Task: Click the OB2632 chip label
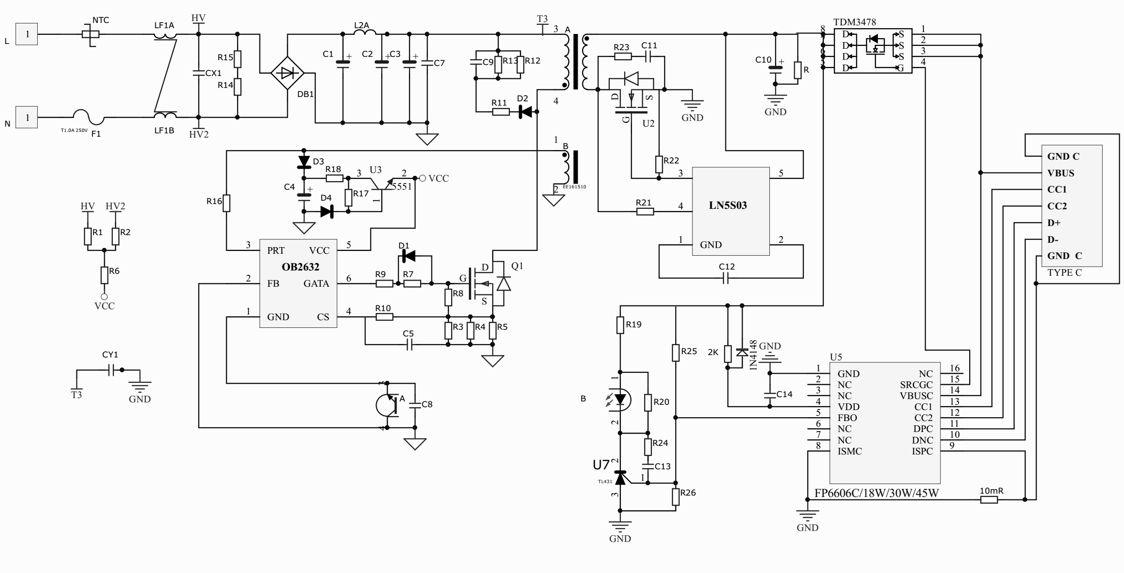pos(300,267)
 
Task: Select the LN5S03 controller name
pos(727,205)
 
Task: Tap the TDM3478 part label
pos(854,22)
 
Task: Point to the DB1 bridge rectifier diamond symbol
pos(287,73)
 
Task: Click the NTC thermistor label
pos(100,20)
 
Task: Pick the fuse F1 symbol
pos(88,116)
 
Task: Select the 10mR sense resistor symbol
pos(989,500)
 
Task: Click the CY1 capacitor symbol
pos(110,369)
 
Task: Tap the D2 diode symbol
pos(526,112)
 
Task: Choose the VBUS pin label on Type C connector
pos(1060,173)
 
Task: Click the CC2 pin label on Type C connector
pos(1057,206)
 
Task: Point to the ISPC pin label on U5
pos(922,451)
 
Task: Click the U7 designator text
pos(601,465)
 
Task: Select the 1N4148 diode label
pos(754,355)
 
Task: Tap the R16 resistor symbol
pos(227,203)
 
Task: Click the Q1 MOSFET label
pos(517,266)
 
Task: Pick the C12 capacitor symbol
pos(725,278)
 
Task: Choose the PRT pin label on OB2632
pos(276,250)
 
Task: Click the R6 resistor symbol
pos(104,275)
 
